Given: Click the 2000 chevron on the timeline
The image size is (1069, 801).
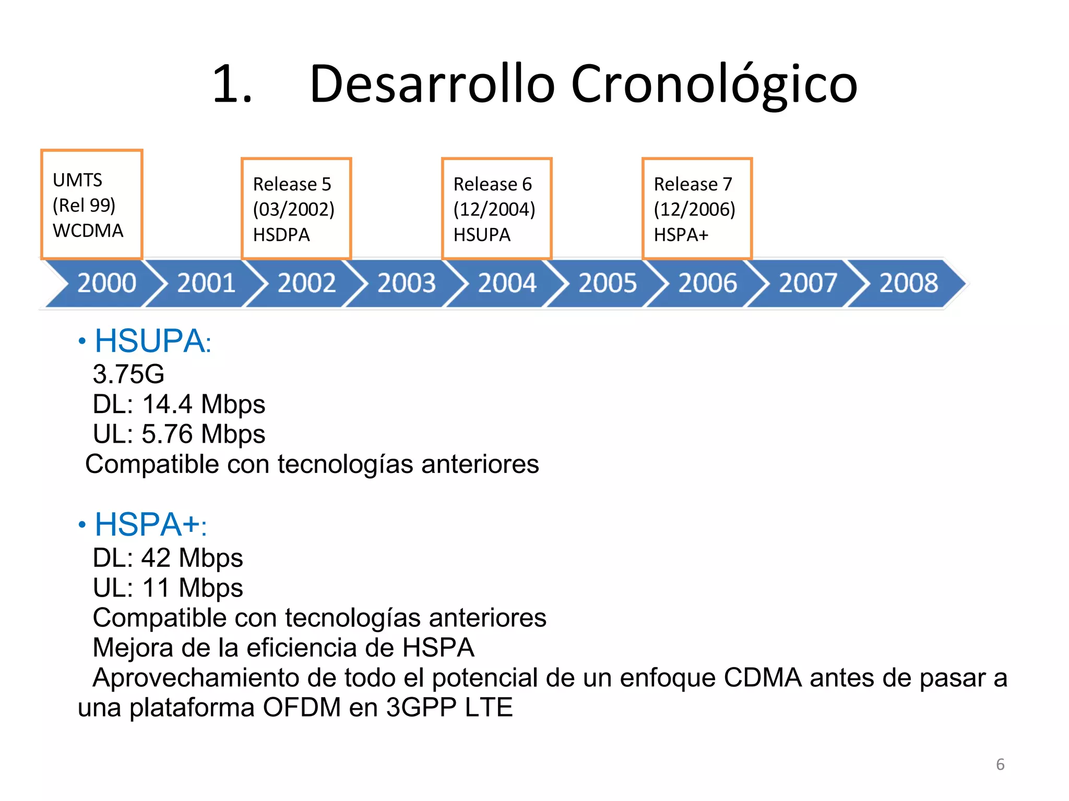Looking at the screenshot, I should (106, 283).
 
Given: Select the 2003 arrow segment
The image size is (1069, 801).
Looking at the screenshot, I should (406, 283).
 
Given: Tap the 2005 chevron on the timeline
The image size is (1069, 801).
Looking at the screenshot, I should (607, 283).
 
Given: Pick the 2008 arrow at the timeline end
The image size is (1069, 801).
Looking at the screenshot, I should (908, 283).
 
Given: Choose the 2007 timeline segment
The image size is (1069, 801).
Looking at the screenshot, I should (807, 283).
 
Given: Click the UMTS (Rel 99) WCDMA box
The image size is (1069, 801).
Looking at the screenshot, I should (91, 205).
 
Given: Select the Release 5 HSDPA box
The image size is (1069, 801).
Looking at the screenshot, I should (296, 209).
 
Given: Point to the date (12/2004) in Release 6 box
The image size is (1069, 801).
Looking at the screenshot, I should (494, 210).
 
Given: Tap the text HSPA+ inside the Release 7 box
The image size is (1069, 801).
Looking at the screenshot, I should (681, 235).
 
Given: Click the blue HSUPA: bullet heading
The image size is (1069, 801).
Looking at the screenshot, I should (152, 342).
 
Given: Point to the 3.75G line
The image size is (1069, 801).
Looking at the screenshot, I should (128, 374).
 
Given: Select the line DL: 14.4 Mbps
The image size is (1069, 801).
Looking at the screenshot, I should (179, 405).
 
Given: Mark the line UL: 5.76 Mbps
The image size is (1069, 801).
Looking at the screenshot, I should (179, 434).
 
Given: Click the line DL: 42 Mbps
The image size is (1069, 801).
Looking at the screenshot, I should (167, 558).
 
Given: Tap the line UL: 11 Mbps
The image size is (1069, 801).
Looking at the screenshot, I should (167, 588).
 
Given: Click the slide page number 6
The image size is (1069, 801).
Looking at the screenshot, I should (1000, 764).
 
